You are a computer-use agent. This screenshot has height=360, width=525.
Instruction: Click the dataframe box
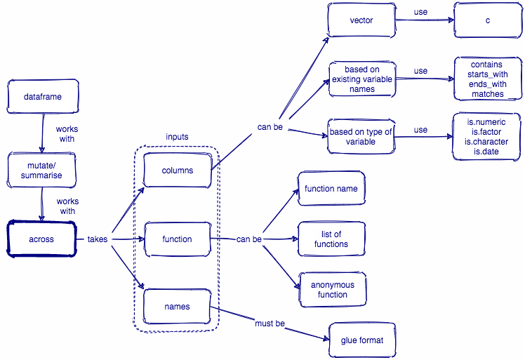[42, 96]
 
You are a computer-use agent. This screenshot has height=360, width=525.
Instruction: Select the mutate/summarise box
[42, 171]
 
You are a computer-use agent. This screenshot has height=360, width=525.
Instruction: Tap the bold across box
[41, 239]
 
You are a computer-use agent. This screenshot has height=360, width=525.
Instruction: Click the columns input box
[177, 170]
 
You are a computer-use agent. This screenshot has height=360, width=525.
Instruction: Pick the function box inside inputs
[177, 239]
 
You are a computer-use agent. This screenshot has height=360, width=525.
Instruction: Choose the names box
[177, 307]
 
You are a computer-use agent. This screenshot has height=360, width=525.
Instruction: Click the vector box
[361, 20]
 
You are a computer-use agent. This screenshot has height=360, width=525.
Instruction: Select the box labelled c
[487, 20]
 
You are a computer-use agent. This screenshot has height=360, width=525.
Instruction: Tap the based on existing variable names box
[361, 79]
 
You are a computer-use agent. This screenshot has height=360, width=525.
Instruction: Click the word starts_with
[487, 74]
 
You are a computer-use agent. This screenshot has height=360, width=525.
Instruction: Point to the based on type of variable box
[361, 137]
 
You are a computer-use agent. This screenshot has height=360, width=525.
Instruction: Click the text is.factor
[487, 131]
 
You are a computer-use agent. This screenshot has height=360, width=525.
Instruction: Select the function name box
[331, 189]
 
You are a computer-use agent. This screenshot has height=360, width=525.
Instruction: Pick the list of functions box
[331, 239]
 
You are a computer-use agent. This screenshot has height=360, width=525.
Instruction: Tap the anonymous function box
[333, 290]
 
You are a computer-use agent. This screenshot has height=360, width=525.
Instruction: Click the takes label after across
[98, 239]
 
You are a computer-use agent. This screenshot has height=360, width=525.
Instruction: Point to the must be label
[270, 324]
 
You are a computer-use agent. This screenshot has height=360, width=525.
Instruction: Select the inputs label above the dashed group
[177, 136]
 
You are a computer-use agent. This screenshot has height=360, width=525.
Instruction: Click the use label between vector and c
[420, 13]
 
